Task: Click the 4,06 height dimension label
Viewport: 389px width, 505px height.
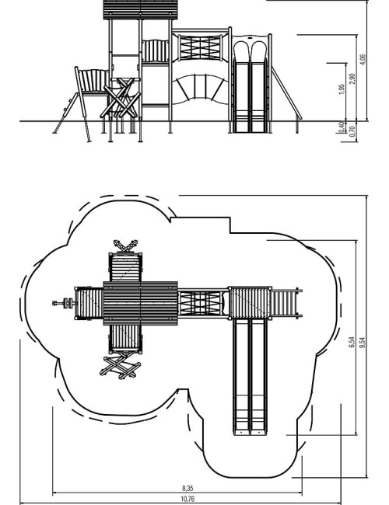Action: click(363, 60)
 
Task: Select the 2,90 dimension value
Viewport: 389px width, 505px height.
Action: click(352, 78)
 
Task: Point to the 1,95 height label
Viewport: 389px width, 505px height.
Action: click(342, 89)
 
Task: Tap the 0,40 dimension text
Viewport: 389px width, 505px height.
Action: click(342, 127)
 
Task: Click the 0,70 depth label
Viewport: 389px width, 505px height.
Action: click(352, 132)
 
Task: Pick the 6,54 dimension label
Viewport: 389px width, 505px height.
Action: click(352, 342)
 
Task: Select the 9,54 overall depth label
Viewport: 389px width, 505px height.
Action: click(363, 342)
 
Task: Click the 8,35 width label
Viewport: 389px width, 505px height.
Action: click(187, 488)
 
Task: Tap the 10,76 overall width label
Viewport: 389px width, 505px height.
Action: click(187, 499)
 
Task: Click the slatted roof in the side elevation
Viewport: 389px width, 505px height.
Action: click(141, 9)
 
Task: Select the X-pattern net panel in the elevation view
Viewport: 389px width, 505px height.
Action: click(200, 47)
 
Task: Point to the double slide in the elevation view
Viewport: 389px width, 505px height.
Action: click(251, 86)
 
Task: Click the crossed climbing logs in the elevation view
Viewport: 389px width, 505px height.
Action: click(121, 98)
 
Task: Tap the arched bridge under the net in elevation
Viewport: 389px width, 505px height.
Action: click(201, 89)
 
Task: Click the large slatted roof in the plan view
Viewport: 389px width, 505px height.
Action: click(140, 303)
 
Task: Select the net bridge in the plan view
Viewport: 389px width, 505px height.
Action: click(200, 303)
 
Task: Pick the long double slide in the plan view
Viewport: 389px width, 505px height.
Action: click(251, 377)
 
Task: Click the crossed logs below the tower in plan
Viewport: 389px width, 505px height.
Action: click(120, 367)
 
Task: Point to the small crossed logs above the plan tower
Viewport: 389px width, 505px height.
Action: click(125, 246)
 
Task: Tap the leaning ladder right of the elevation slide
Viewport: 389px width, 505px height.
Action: click(286, 93)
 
